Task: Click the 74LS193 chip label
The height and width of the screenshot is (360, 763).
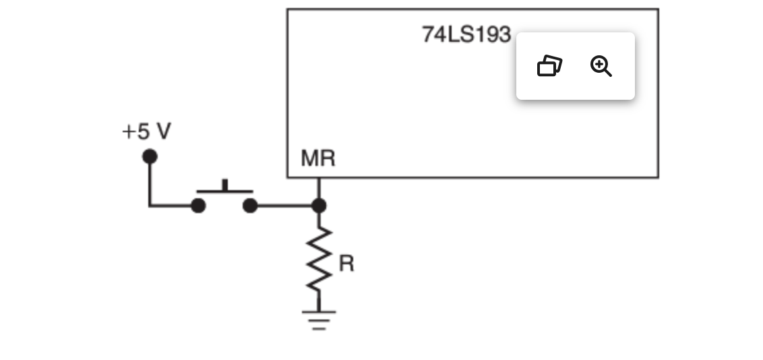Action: point(466,34)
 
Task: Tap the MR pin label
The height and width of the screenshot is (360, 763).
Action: point(317,159)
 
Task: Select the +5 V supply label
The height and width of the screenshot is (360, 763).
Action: point(146,131)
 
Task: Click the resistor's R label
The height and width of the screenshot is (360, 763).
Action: point(346,264)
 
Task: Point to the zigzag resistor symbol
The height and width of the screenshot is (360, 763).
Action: point(319,260)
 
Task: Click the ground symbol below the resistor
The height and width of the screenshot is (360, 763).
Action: point(319,319)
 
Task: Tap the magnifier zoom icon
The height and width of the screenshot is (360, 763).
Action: point(601,66)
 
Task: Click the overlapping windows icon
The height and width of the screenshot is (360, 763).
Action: point(549,66)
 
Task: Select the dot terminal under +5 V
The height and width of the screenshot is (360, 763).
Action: point(150,157)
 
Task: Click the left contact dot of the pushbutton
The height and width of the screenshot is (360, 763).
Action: point(198,206)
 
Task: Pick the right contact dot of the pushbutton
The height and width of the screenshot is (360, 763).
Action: point(250,206)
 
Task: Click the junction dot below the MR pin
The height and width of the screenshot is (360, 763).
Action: point(319,206)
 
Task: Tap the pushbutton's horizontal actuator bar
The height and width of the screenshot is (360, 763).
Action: point(224,191)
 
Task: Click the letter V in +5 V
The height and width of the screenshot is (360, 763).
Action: point(162,131)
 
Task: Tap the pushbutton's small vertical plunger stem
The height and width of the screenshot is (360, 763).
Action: point(225,185)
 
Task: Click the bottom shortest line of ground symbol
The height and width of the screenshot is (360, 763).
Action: point(319,328)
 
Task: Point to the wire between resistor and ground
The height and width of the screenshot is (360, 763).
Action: point(319,302)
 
